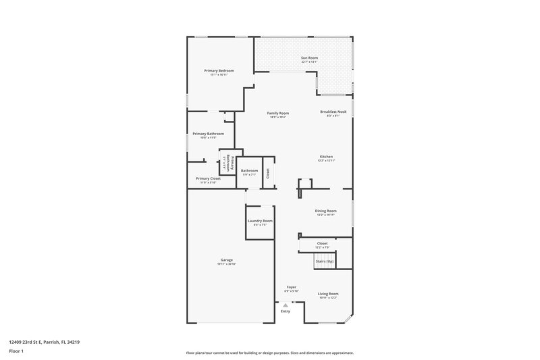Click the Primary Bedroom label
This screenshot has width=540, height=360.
pyautogui.click(x=219, y=70)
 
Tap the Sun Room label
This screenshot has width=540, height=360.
pyautogui.click(x=309, y=58)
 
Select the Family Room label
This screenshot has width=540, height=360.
pyautogui.click(x=277, y=113)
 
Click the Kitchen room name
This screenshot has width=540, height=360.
pyautogui.click(x=326, y=157)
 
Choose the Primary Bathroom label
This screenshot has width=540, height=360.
pyautogui.click(x=208, y=134)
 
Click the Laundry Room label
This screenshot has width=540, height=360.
pyautogui.click(x=260, y=221)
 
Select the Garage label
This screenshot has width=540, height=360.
pyautogui.click(x=226, y=260)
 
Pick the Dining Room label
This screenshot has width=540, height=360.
pyautogui.click(x=325, y=211)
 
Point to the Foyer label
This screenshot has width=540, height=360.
pyautogui.click(x=291, y=287)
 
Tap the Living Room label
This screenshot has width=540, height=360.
pyautogui.click(x=328, y=294)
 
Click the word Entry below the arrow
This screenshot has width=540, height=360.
pyautogui.click(x=286, y=311)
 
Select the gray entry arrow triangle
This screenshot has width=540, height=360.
pyautogui.click(x=286, y=305)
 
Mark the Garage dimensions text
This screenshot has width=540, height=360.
pyautogui.click(x=226, y=264)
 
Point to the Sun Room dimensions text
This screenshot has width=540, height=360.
pyautogui.click(x=309, y=62)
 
